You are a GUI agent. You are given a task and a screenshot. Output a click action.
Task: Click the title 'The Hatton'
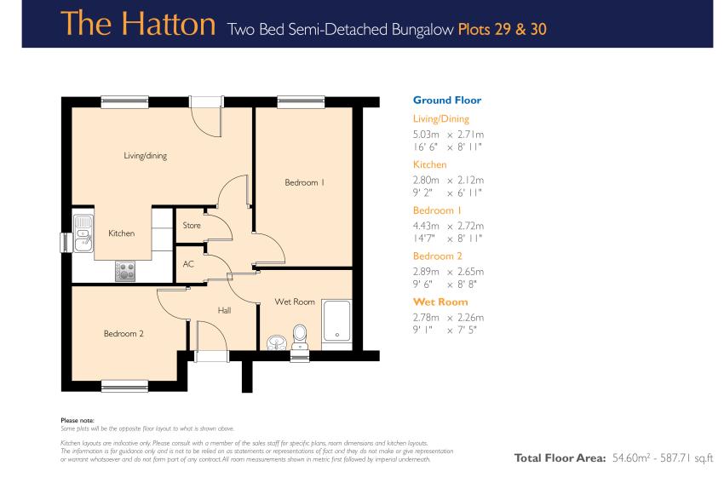138,24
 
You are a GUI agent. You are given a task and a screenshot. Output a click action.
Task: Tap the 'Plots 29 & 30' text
503,30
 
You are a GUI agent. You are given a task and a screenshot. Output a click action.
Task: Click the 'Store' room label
191,226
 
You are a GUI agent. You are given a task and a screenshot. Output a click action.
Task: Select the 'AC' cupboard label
188,264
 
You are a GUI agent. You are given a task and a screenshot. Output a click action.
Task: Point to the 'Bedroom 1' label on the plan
304,182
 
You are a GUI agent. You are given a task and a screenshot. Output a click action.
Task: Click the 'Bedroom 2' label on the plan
124,333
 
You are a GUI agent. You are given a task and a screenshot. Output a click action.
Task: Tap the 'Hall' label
224,310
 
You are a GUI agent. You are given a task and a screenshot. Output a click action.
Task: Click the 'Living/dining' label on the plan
145,156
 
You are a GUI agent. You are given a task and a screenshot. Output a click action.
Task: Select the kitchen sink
83,233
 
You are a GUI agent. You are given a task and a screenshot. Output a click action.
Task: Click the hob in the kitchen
125,271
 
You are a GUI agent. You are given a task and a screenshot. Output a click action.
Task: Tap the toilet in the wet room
300,337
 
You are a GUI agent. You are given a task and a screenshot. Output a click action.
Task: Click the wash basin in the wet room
277,342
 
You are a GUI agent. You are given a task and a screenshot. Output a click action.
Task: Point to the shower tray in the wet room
336,321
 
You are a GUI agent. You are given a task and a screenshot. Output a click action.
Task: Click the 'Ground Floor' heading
447,101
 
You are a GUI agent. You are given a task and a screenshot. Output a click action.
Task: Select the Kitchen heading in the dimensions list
429,164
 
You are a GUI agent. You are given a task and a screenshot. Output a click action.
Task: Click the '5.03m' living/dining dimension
426,135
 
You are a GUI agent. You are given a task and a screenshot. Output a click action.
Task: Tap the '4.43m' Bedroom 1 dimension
426,226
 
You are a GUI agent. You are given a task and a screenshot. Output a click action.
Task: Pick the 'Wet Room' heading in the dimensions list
440,302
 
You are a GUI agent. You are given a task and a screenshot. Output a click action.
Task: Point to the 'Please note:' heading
78,420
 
